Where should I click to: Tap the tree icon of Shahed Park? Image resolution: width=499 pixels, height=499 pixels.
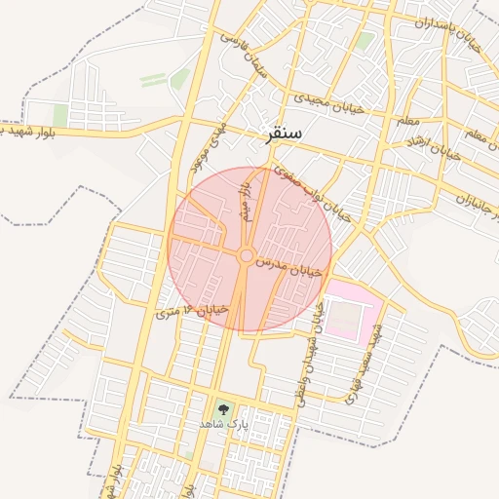(225, 409)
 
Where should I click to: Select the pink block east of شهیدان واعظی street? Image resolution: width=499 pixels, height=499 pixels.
(349, 310)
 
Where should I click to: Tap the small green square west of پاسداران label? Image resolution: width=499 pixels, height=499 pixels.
(365, 41)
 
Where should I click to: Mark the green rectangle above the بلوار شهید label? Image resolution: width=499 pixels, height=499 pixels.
(60, 116)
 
